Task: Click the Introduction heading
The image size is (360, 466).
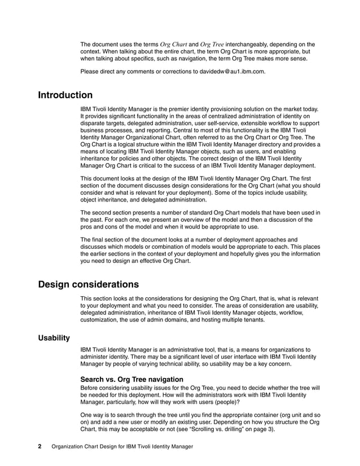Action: (65, 95)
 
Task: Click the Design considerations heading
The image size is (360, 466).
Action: (88, 284)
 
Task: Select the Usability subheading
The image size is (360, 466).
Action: (54, 338)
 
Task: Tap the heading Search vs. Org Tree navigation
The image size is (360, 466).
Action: (131, 380)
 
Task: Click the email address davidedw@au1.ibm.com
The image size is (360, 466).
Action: (229, 72)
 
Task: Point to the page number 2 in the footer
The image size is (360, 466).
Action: (40, 446)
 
